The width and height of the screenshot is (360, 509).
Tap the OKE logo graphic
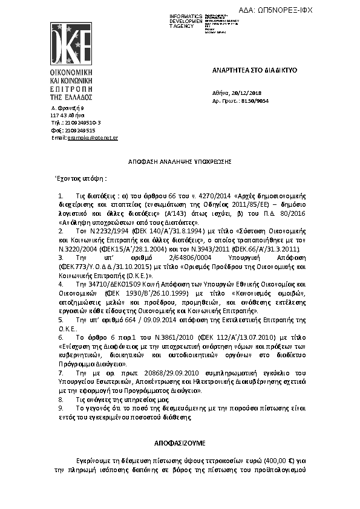(70, 45)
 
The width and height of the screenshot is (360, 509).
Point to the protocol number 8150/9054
(255, 101)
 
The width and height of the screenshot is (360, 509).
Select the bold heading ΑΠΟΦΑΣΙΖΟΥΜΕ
(179, 442)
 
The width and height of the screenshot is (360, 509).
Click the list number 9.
(61, 409)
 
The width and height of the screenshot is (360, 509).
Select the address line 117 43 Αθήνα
(68, 115)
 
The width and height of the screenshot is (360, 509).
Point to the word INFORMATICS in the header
(186, 15)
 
